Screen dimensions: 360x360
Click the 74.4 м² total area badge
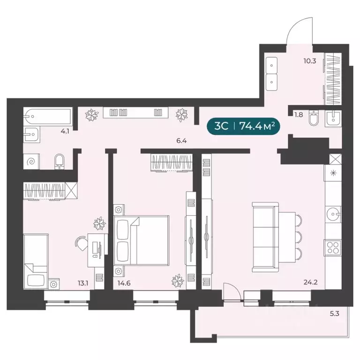pos(243,126)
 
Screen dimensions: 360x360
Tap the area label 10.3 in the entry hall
pos(310,61)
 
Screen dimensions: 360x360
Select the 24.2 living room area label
pos(310,282)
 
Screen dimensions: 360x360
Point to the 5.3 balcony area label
pos(335,314)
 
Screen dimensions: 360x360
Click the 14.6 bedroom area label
pos(124,283)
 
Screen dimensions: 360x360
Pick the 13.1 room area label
pos(83,283)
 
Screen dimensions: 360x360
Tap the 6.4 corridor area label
pos(181,141)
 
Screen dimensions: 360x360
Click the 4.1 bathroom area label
pos(65,132)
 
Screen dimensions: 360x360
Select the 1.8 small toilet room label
pos(299,114)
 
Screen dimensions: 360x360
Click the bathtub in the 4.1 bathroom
pos(48,116)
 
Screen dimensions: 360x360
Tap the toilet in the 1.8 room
pos(313,118)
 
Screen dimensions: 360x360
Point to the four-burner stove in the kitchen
pos(333,247)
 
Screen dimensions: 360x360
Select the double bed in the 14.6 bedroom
pos(142,240)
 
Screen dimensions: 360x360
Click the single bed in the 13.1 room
pos(36,262)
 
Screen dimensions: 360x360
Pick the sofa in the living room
pos(265,237)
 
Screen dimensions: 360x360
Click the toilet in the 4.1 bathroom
pos(60,161)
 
